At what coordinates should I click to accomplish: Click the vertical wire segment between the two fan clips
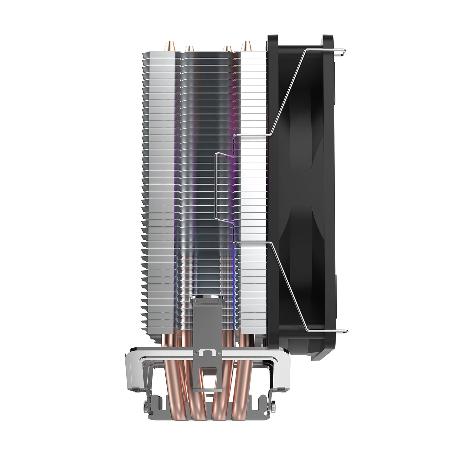tap(215, 187)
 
